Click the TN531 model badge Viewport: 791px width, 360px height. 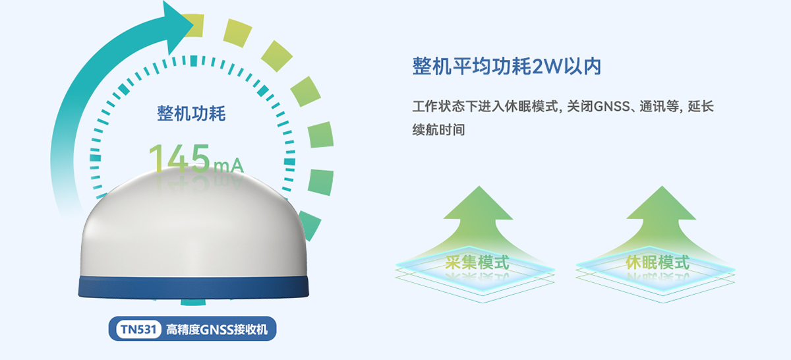coord(138,329)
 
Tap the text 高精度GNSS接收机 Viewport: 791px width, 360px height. coord(217,330)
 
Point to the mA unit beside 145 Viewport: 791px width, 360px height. coord(228,165)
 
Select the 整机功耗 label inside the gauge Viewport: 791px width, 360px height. coord(191,113)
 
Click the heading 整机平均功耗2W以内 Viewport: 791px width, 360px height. coord(507,66)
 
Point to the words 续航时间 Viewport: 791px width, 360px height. coord(438,130)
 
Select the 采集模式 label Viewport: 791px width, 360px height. coord(477,262)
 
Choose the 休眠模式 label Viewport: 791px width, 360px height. coord(657,262)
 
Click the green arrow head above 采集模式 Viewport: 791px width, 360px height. coord(479,204)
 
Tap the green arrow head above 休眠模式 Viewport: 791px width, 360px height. coord(661,204)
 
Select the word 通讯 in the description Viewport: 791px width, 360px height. coord(652,106)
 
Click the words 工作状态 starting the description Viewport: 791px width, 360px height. coord(438,106)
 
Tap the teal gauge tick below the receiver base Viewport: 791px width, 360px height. coord(193,303)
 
